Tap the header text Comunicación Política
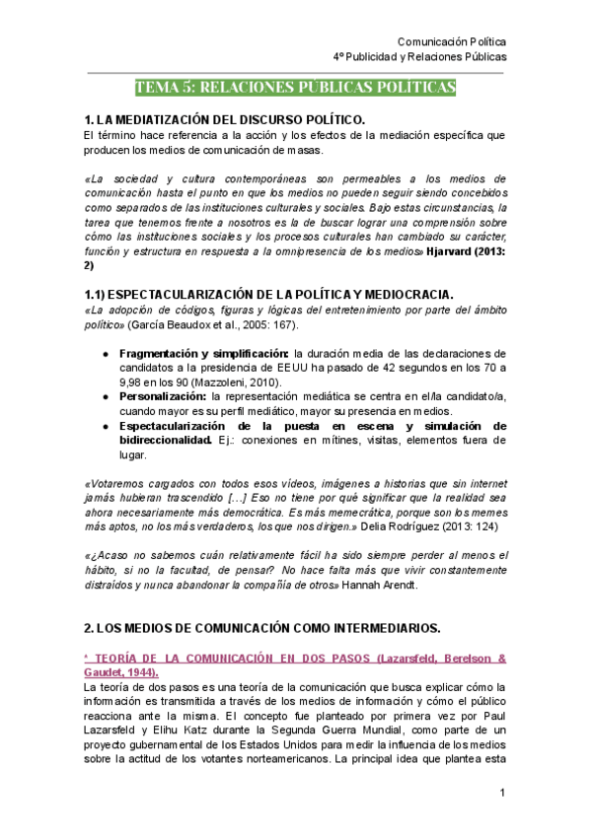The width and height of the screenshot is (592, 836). pos(451,42)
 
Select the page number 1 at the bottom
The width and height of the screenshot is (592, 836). pos(502,794)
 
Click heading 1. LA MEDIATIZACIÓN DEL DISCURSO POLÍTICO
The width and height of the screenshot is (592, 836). pos(225,119)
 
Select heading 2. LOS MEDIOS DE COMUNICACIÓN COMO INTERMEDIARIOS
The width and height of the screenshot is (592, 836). pos(262,627)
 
